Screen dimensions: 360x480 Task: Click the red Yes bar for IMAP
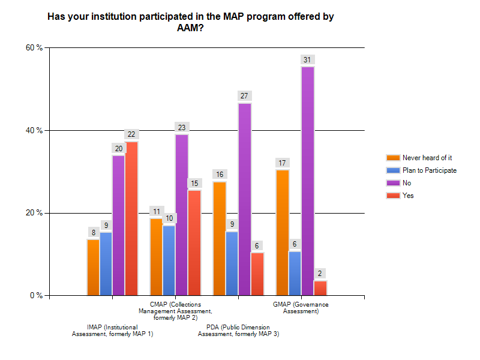pyautogui.click(x=131, y=218)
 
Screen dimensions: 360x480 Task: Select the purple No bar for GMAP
pyautogui.click(x=308, y=181)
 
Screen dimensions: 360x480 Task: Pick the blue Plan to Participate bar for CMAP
pyautogui.click(x=169, y=260)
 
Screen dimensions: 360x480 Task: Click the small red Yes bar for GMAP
pyautogui.click(x=320, y=288)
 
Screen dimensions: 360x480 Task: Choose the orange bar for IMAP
pyautogui.click(x=93, y=267)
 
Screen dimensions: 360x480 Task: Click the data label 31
pyautogui.click(x=308, y=59)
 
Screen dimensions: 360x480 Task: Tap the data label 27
pyautogui.click(x=245, y=96)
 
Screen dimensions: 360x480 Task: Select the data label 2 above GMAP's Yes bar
pyautogui.click(x=320, y=274)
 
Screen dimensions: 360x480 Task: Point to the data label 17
pyautogui.click(x=283, y=163)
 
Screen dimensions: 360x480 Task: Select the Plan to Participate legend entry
pyautogui.click(x=430, y=170)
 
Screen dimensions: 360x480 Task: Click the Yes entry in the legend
pyautogui.click(x=408, y=196)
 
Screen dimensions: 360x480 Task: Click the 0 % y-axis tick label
pyautogui.click(x=37, y=296)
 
